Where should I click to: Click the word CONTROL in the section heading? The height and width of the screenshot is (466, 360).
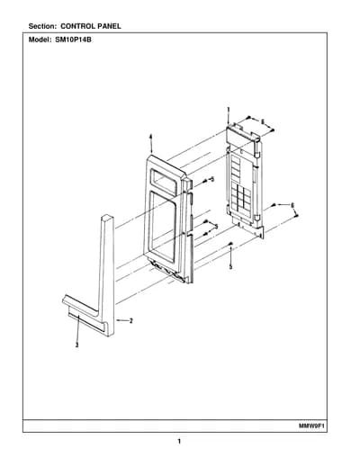click(77, 26)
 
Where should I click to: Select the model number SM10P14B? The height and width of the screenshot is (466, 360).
click(73, 40)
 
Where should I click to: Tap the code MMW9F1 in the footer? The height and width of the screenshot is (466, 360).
click(312, 426)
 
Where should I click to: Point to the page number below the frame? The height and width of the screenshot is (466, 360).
click(179, 442)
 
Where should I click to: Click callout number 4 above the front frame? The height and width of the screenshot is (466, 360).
click(151, 137)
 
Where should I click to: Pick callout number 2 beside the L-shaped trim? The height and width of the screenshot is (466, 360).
click(130, 320)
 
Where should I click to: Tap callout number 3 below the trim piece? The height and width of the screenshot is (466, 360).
click(77, 345)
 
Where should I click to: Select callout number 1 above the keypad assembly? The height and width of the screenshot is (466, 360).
click(228, 110)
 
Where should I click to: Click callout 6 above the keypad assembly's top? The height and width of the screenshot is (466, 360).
click(262, 122)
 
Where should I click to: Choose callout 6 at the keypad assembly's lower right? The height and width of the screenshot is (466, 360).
click(292, 205)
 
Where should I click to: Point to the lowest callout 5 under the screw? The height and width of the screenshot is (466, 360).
click(230, 266)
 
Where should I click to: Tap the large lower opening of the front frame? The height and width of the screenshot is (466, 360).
click(162, 226)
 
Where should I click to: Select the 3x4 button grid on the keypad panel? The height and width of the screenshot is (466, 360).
click(241, 198)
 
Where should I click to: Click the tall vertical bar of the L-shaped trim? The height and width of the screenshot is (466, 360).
click(107, 270)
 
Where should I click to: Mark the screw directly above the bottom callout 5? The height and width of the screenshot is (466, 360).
click(230, 244)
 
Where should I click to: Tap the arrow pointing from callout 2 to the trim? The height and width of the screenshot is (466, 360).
click(122, 320)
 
